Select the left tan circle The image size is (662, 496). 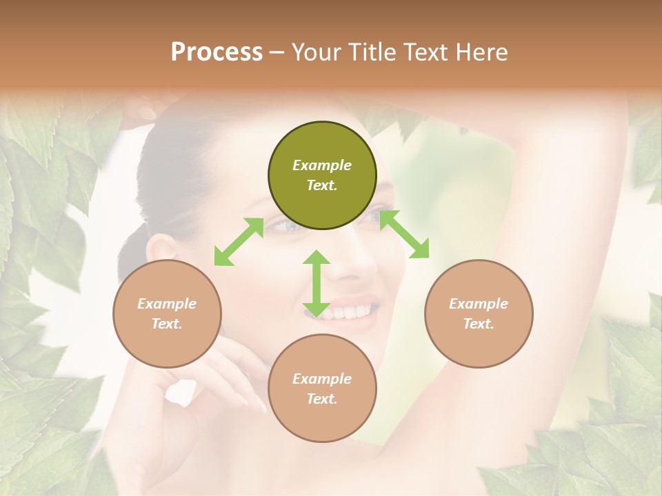point(167,313)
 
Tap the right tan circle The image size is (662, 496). point(479,313)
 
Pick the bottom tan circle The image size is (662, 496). point(322,389)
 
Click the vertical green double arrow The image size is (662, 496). point(317,283)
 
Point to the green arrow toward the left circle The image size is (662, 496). point(239,242)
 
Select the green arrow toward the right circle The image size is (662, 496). point(404,234)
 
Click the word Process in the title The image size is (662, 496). point(217,52)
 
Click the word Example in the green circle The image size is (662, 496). point(322,165)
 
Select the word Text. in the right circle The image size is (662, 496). point(479,324)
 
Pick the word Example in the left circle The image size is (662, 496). point(167,304)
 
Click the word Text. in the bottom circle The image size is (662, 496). point(322,399)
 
